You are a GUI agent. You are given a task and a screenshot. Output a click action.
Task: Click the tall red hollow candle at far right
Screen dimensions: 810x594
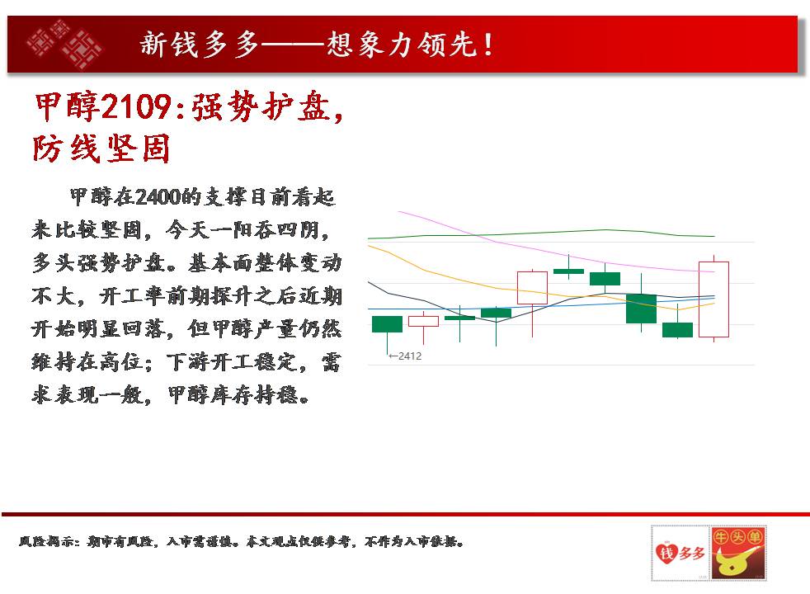coord(713,299)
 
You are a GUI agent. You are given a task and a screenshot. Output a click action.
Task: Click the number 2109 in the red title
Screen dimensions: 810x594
coord(135,107)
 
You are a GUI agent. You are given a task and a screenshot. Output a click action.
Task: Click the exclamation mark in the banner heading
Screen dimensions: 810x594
coord(487,45)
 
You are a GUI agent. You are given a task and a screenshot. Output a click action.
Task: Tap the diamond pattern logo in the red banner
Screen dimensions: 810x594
coord(64,45)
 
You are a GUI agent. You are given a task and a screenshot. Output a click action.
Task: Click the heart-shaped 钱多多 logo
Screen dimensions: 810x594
coord(680,554)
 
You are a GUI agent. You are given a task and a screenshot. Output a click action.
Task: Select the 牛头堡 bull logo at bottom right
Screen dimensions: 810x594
coord(737,554)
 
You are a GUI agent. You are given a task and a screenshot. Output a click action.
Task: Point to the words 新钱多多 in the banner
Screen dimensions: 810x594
coord(199,45)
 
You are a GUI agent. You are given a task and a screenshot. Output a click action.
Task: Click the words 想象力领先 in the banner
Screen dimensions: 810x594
coord(401,45)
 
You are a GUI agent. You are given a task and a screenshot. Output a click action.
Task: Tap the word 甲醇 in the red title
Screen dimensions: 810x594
coord(67,107)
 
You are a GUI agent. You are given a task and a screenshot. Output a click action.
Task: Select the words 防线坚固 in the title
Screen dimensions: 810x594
coord(101,148)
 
